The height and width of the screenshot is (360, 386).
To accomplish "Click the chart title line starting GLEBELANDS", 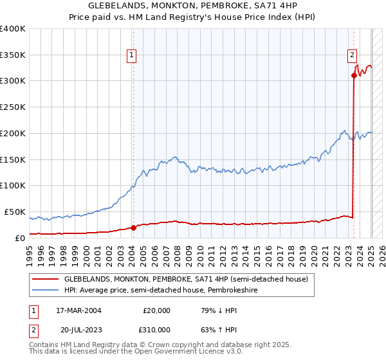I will (x=192, y=5).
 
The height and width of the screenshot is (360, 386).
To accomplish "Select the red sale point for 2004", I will (x=133, y=227).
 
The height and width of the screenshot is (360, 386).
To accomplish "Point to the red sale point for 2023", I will (x=354, y=75).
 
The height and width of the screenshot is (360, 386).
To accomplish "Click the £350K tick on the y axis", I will (x=12, y=55).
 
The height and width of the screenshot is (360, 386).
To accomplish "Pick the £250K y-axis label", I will (x=12, y=107).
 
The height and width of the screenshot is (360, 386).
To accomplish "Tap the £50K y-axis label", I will (x=15, y=212).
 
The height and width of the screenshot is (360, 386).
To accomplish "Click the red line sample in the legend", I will (x=46, y=279).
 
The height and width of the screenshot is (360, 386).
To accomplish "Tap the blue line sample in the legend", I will (x=46, y=290).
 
